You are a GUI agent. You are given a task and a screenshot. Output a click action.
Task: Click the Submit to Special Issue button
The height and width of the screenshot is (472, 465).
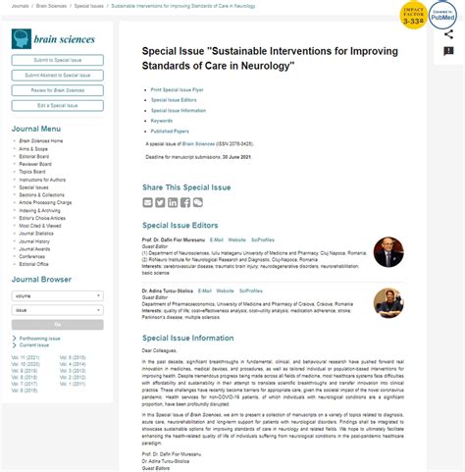click(57, 61)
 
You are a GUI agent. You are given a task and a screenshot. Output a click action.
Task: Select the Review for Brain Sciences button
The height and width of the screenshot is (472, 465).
click(57, 90)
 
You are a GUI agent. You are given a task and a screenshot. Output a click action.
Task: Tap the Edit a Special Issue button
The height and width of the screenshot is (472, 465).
click(57, 105)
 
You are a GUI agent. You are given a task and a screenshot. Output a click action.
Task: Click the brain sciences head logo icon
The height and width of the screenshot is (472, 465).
click(22, 39)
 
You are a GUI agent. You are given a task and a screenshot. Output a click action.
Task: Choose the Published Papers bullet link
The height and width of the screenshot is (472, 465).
click(170, 131)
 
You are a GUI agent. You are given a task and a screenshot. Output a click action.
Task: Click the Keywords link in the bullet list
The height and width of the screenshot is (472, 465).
click(162, 121)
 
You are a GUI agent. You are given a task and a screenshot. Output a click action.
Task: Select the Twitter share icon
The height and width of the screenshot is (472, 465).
click(160, 202)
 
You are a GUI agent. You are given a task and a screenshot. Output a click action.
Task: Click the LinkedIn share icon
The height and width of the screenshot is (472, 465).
click(173, 202)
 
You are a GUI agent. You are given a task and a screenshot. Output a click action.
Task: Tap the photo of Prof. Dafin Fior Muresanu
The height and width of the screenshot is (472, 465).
click(388, 252)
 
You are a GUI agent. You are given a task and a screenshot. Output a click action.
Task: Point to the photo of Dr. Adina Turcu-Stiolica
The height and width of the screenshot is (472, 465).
click(388, 302)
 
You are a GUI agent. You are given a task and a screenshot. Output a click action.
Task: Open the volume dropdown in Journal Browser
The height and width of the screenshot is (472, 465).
click(57, 294)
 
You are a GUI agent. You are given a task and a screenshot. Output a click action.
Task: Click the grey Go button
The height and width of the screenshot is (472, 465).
click(57, 324)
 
